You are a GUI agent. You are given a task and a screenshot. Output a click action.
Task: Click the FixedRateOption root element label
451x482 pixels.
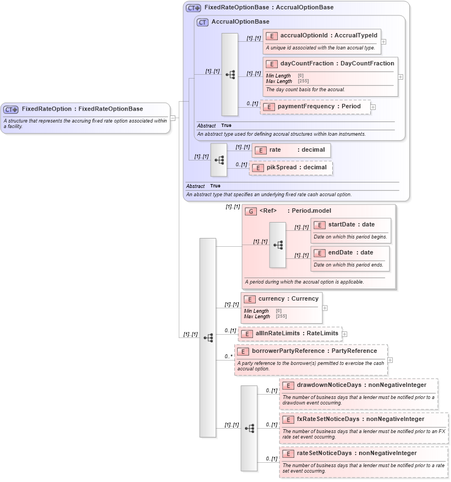pyautogui.click(x=82, y=109)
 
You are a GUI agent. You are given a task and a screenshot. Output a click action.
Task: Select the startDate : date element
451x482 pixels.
pyautogui.click(x=351, y=224)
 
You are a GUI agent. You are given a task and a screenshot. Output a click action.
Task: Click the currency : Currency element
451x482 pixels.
pyautogui.click(x=288, y=299)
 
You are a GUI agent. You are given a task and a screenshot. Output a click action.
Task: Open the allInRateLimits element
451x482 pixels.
pyautogui.click(x=296, y=334)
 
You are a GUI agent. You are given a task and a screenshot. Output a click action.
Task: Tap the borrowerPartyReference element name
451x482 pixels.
pyautogui.click(x=314, y=351)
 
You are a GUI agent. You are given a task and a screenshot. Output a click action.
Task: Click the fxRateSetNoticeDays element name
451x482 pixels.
pyautogui.click(x=360, y=419)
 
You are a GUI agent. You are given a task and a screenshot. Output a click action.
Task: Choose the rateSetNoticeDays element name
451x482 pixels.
pyautogui.click(x=356, y=453)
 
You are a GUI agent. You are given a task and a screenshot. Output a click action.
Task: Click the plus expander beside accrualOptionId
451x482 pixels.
pyautogui.click(x=384, y=41)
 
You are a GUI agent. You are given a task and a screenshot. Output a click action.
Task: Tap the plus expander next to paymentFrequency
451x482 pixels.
pyautogui.click(x=373, y=107)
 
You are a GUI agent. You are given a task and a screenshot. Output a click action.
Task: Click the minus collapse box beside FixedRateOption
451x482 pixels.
pyautogui.click(x=173, y=118)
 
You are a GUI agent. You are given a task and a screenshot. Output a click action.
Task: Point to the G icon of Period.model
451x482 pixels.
pyautogui.click(x=251, y=211)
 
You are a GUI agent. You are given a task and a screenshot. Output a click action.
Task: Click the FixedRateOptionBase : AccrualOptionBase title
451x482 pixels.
pyautogui.click(x=268, y=8)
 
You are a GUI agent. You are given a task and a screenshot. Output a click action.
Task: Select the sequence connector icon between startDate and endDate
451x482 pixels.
pyautogui.click(x=278, y=245)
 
